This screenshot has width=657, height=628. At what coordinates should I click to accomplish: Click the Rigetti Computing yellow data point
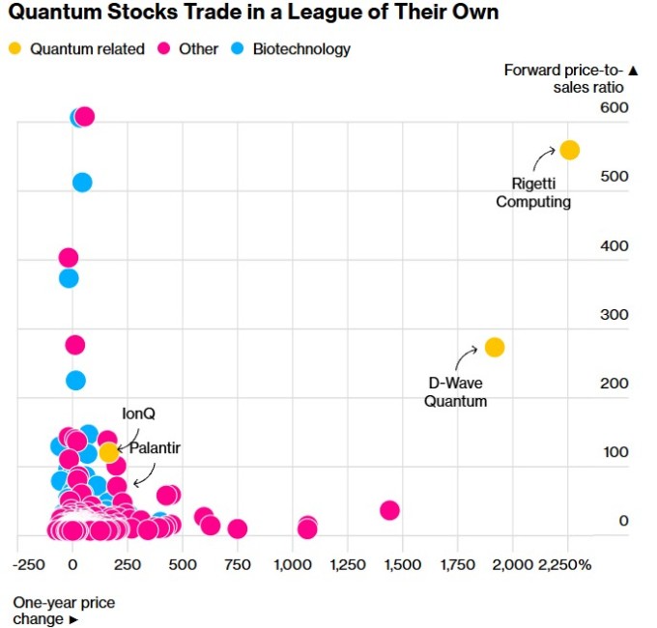pyautogui.click(x=569, y=150)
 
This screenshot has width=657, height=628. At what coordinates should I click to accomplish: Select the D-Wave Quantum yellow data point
pyautogui.click(x=494, y=347)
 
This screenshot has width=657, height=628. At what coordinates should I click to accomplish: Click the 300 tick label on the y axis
pyautogui.click(x=614, y=314)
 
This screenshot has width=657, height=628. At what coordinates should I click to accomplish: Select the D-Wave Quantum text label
pyautogui.click(x=455, y=391)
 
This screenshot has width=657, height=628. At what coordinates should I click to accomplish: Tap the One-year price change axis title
pyautogui.click(x=63, y=611)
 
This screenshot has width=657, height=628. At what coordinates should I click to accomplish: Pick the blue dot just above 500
pyautogui.click(x=82, y=182)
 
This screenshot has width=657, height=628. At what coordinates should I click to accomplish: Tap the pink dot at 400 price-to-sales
pyautogui.click(x=68, y=257)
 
